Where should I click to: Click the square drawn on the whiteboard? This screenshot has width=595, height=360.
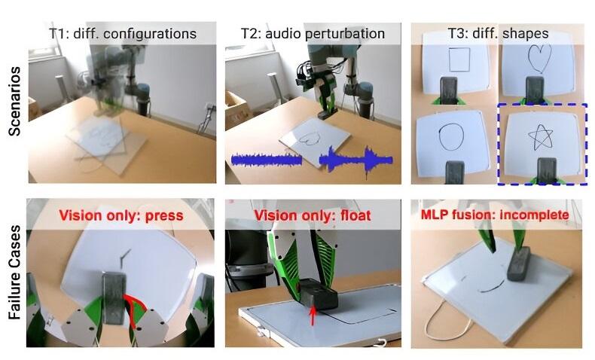coord(450,59)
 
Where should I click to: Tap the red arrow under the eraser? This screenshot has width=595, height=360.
coord(313,316)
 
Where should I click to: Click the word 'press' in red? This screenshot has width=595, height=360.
coord(164,215)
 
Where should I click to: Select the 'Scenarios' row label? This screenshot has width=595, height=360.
coord(14,101)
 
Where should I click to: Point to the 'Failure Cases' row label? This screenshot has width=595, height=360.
coord(14,272)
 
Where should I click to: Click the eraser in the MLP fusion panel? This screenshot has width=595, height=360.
coord(519,264)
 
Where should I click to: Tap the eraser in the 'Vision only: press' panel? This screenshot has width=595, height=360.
coord(114,297)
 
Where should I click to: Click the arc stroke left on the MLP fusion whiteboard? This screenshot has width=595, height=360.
coord(493,287)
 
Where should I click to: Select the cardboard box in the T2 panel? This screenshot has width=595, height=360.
coord(237,110)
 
